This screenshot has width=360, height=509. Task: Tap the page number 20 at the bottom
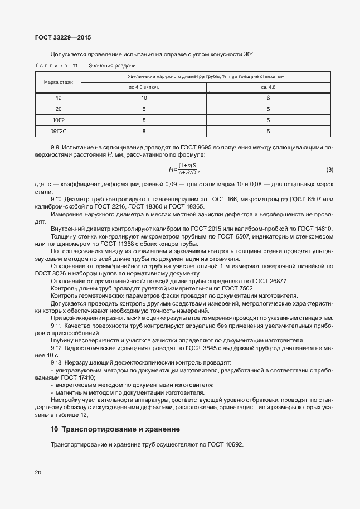38,473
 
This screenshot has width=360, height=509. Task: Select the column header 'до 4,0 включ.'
144,87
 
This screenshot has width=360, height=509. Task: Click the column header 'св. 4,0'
268,87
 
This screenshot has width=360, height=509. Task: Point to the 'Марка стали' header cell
59,82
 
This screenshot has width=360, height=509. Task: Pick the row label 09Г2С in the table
59,131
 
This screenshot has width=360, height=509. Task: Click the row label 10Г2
59,120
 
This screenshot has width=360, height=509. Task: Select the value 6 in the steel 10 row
268,98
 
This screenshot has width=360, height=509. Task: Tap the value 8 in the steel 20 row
144,109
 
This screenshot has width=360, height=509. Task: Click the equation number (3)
329,169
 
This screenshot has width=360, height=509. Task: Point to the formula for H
184,169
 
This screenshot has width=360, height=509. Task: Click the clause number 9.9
55,147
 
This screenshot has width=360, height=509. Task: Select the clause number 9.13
56,361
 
